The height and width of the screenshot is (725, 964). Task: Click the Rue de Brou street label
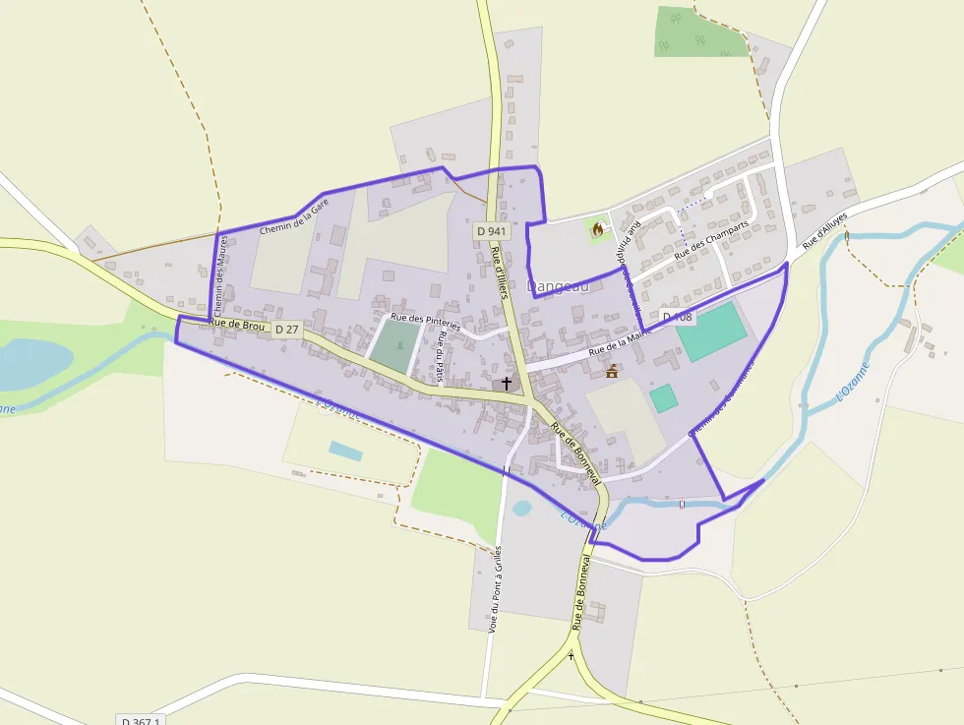pyautogui.click(x=237, y=324)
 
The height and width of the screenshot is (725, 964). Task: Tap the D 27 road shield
pyautogui.click(x=286, y=329)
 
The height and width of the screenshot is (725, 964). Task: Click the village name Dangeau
pyautogui.click(x=558, y=286)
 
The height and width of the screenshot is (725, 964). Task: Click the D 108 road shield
pyautogui.click(x=677, y=317)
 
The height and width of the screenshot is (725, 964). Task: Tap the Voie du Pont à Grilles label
pyautogui.click(x=495, y=588)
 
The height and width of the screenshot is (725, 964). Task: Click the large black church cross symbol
pyautogui.click(x=507, y=383)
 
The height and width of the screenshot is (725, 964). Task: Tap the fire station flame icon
pyautogui.click(x=597, y=229)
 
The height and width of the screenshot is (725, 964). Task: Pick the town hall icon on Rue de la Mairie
pyautogui.click(x=613, y=371)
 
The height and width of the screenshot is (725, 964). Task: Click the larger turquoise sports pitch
pyautogui.click(x=711, y=332)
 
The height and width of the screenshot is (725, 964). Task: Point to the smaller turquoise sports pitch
pyautogui.click(x=664, y=398)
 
